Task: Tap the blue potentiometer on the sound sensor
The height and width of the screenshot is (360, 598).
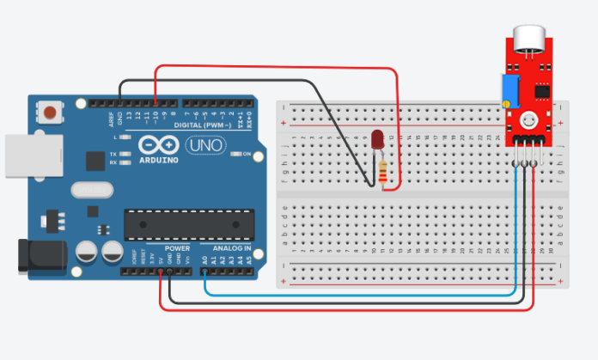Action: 510,86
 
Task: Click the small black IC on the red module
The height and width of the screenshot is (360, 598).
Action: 541,89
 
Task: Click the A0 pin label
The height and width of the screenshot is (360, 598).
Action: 204,259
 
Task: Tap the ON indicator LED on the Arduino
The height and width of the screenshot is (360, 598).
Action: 235,155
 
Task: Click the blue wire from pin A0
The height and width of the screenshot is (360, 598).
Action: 361,293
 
